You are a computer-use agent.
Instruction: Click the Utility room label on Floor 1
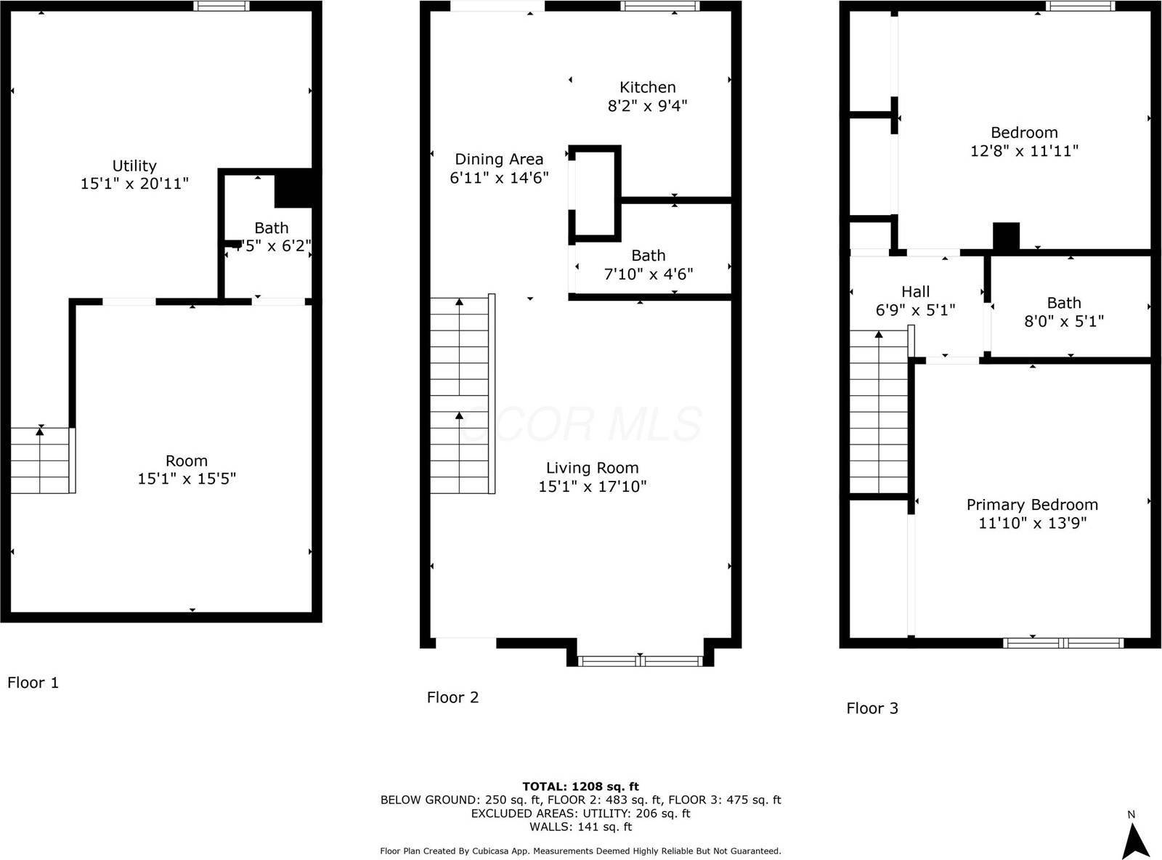point(134,166)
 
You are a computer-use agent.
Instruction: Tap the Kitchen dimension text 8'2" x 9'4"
point(647,106)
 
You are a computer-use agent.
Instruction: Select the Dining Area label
point(499,159)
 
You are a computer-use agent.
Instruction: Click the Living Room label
point(592,468)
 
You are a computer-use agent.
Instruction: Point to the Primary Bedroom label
point(1032,505)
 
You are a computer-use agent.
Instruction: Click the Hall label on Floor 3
point(915,292)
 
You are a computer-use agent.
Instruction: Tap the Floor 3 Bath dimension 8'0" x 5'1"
point(1064,321)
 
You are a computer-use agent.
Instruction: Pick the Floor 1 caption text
point(33,683)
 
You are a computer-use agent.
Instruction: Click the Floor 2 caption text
point(452,697)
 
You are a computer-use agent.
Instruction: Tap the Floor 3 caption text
point(872,708)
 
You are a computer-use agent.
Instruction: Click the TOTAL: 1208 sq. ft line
point(580,786)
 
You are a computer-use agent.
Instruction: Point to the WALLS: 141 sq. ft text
point(580,827)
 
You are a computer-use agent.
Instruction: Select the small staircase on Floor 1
point(40,461)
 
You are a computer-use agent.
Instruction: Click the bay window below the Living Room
point(640,660)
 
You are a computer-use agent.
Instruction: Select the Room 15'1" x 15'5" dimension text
point(187,479)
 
